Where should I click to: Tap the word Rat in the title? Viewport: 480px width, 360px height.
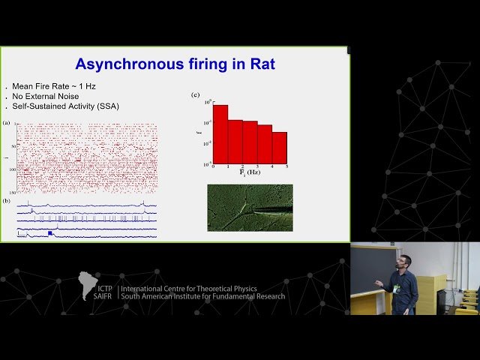(x=259, y=64)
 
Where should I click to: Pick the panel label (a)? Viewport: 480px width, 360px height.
(x=7, y=122)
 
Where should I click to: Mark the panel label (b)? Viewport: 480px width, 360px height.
(x=7, y=200)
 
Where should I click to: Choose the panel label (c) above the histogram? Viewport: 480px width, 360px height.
(x=196, y=94)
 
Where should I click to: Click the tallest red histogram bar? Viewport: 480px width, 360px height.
(x=220, y=134)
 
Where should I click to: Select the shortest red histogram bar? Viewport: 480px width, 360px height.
(x=279, y=148)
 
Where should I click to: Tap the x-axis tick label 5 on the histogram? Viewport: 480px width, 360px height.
(x=286, y=166)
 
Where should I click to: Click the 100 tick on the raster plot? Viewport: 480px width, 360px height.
(x=13, y=169)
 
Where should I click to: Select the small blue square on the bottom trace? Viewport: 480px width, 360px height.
(x=50, y=233)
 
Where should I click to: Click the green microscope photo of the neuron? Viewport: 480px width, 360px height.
(x=250, y=208)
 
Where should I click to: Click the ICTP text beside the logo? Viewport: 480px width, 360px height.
(x=103, y=287)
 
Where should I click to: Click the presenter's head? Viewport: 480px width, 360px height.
(x=402, y=262)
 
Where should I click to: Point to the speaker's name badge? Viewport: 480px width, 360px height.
(x=397, y=287)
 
